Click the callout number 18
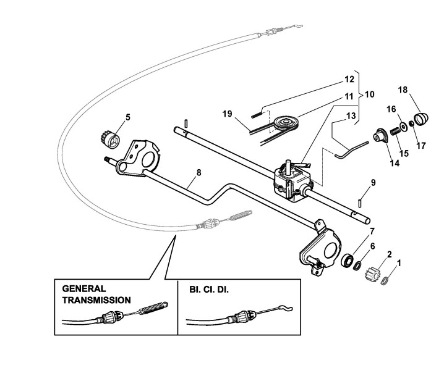point(403,90)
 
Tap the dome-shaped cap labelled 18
point(422,118)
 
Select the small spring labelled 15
point(395,131)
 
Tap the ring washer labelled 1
point(385,281)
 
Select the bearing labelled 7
point(348,260)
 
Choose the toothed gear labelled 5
point(111,141)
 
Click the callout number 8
point(199,172)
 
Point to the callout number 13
point(350,116)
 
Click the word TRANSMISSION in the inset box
point(96,300)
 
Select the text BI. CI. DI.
point(208,290)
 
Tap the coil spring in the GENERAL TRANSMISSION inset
point(154,307)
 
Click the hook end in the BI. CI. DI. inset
point(285,308)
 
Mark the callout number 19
point(227,114)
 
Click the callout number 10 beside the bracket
point(369,94)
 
